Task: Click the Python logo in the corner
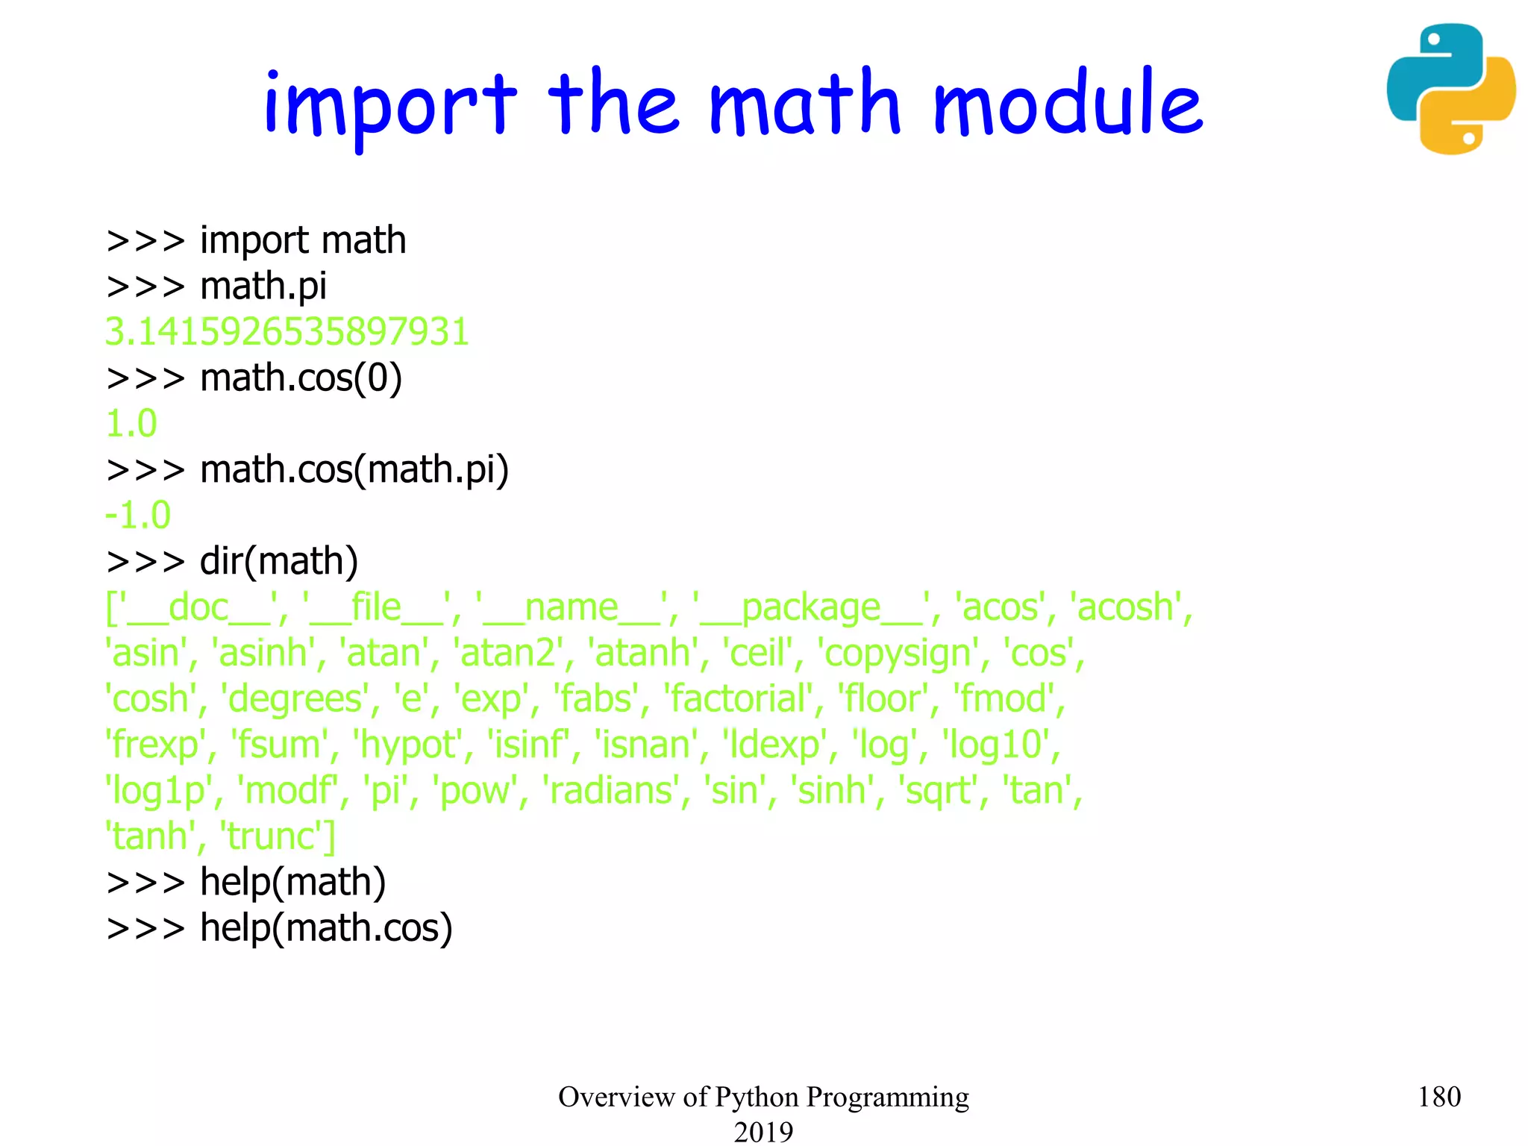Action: tap(1450, 89)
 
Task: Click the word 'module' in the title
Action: tap(1068, 104)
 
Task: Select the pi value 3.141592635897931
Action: tap(287, 331)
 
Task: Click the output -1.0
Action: tap(139, 515)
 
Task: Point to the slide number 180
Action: tap(1438, 1097)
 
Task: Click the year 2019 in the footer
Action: tap(763, 1131)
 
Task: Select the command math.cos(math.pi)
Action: tap(354, 470)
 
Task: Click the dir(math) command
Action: tap(279, 561)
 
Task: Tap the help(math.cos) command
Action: tap(326, 928)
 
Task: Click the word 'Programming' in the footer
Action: tap(887, 1097)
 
